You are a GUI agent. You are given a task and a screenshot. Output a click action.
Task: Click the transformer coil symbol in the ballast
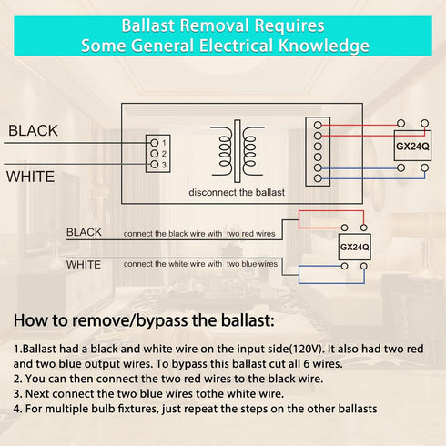tap(238, 151)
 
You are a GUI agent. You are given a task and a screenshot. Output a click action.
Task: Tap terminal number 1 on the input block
tap(155, 143)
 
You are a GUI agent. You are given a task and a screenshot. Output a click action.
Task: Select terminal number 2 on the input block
tap(155, 154)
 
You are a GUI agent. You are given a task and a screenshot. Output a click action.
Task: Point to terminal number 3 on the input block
tap(155, 165)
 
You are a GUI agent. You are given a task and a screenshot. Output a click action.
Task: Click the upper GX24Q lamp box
tap(412, 146)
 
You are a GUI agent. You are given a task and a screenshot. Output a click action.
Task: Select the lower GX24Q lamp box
tap(355, 247)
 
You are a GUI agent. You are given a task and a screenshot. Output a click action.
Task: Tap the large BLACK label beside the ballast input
tap(33, 131)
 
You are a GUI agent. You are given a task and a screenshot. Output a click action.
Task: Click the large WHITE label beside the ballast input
tap(30, 177)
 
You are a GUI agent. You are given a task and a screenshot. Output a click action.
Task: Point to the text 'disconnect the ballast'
tap(237, 192)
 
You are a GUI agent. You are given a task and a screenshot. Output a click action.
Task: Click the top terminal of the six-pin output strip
tap(318, 125)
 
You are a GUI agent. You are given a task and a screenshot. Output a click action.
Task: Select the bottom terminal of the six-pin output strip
tap(318, 178)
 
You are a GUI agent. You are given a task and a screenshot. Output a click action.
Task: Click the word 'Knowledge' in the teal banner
tap(324, 46)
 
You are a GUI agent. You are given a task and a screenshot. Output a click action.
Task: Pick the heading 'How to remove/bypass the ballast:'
tap(144, 320)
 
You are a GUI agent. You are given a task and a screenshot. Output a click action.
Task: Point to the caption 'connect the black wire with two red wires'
tap(199, 234)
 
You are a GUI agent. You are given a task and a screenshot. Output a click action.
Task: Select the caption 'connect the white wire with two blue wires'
tap(200, 264)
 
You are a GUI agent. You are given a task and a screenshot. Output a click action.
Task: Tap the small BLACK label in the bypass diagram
tap(84, 232)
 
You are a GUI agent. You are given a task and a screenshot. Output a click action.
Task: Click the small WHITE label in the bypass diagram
tap(84, 265)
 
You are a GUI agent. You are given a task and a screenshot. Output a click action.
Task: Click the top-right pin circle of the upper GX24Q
tap(425, 123)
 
